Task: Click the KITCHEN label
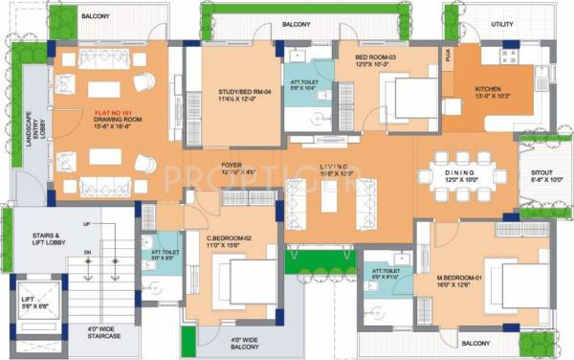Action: (489, 89)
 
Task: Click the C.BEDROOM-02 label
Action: (230, 237)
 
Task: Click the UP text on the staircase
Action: (89, 223)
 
